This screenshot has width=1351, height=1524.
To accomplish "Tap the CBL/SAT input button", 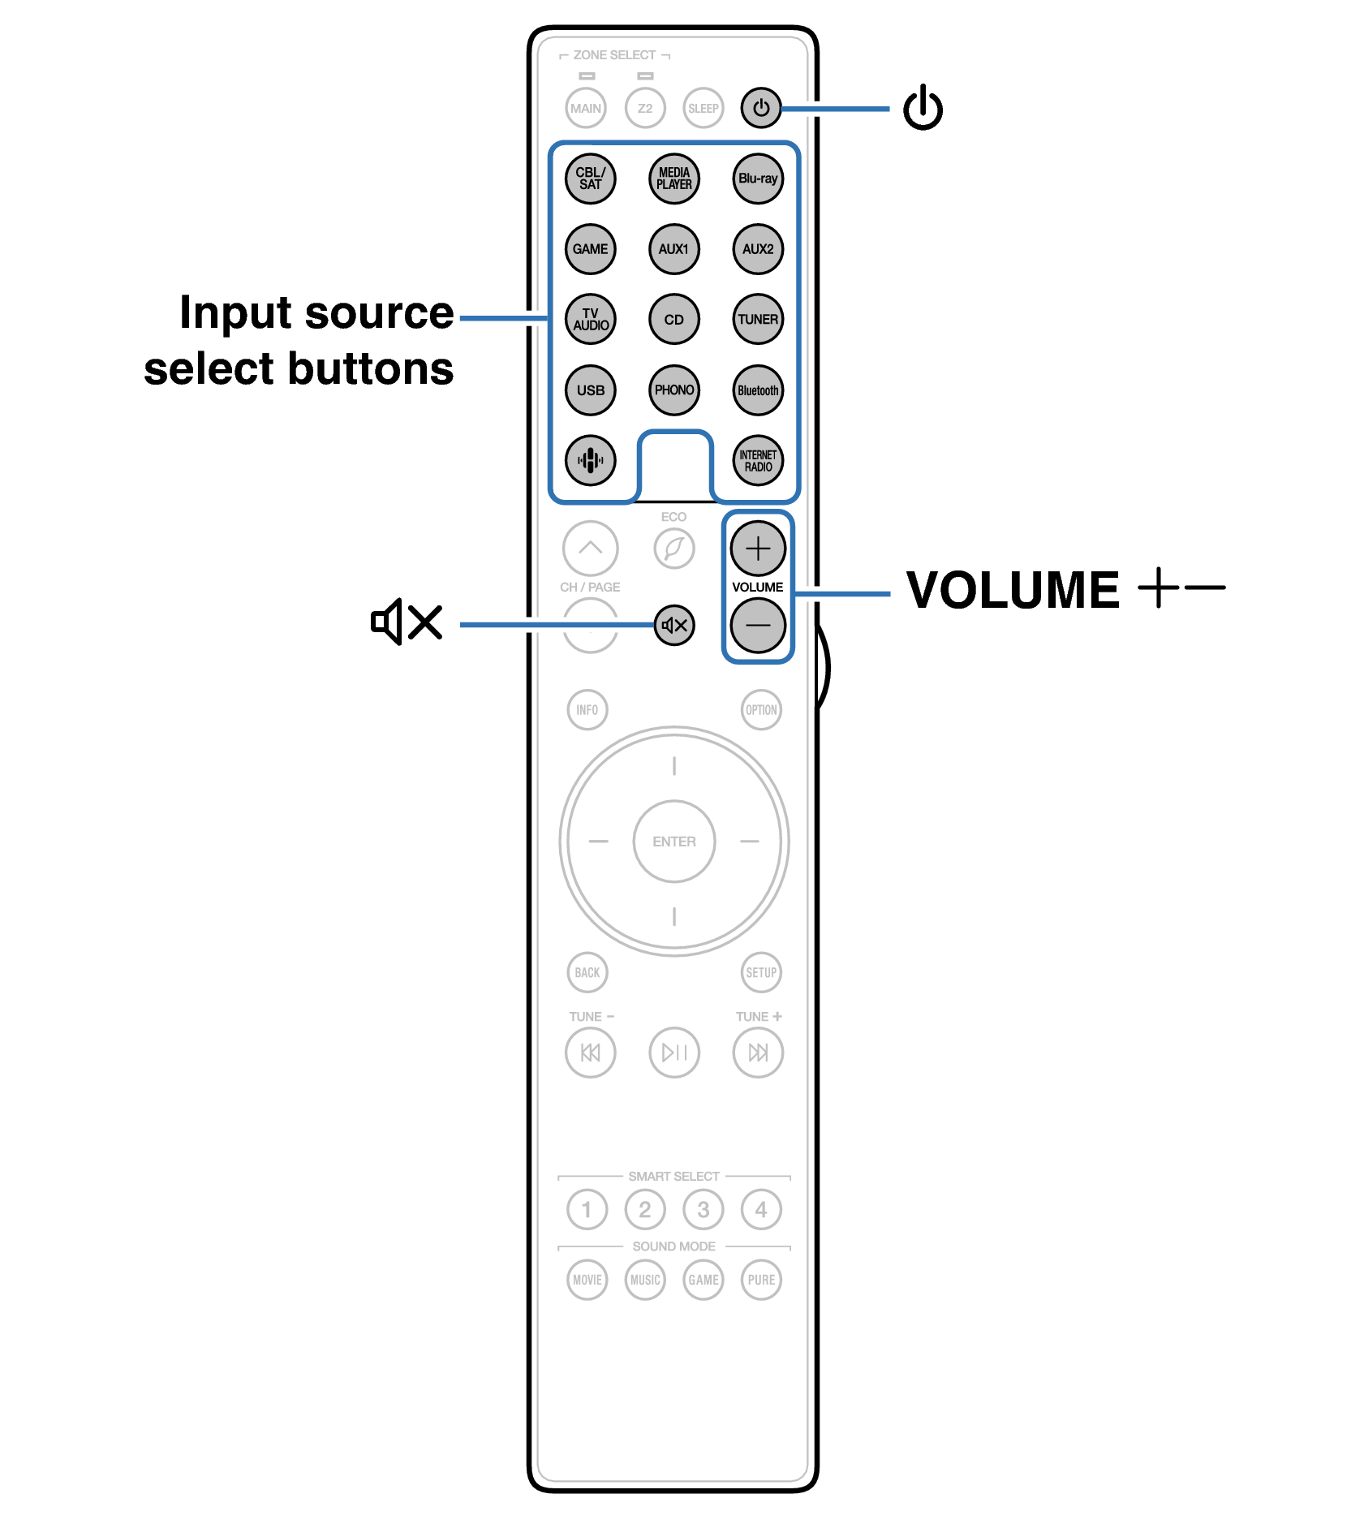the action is point(590,179).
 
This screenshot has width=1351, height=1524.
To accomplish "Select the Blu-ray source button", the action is point(758,179).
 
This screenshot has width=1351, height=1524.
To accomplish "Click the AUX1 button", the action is point(673,249).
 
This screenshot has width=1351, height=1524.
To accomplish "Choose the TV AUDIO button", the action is point(590,319).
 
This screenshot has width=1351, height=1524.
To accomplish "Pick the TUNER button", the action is point(758,319).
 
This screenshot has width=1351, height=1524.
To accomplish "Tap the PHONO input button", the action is point(673,390).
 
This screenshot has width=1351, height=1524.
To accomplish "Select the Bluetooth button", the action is point(758,390).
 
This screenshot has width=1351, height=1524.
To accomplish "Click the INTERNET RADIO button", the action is point(758,460).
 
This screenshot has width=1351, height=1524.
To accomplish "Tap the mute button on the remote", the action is point(674,625).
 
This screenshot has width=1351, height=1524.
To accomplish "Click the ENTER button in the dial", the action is point(674,842).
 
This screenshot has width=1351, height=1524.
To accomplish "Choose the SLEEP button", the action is point(703,108).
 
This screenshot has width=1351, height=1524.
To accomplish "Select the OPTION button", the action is point(761,710).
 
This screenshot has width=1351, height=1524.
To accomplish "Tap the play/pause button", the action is point(674,1053).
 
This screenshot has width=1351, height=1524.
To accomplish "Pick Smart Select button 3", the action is point(703,1209).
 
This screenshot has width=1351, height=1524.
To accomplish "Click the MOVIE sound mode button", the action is point(587,1280).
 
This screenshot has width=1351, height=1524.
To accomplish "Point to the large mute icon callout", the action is point(407,622).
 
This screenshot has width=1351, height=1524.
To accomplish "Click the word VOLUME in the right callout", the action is point(1013,589).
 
